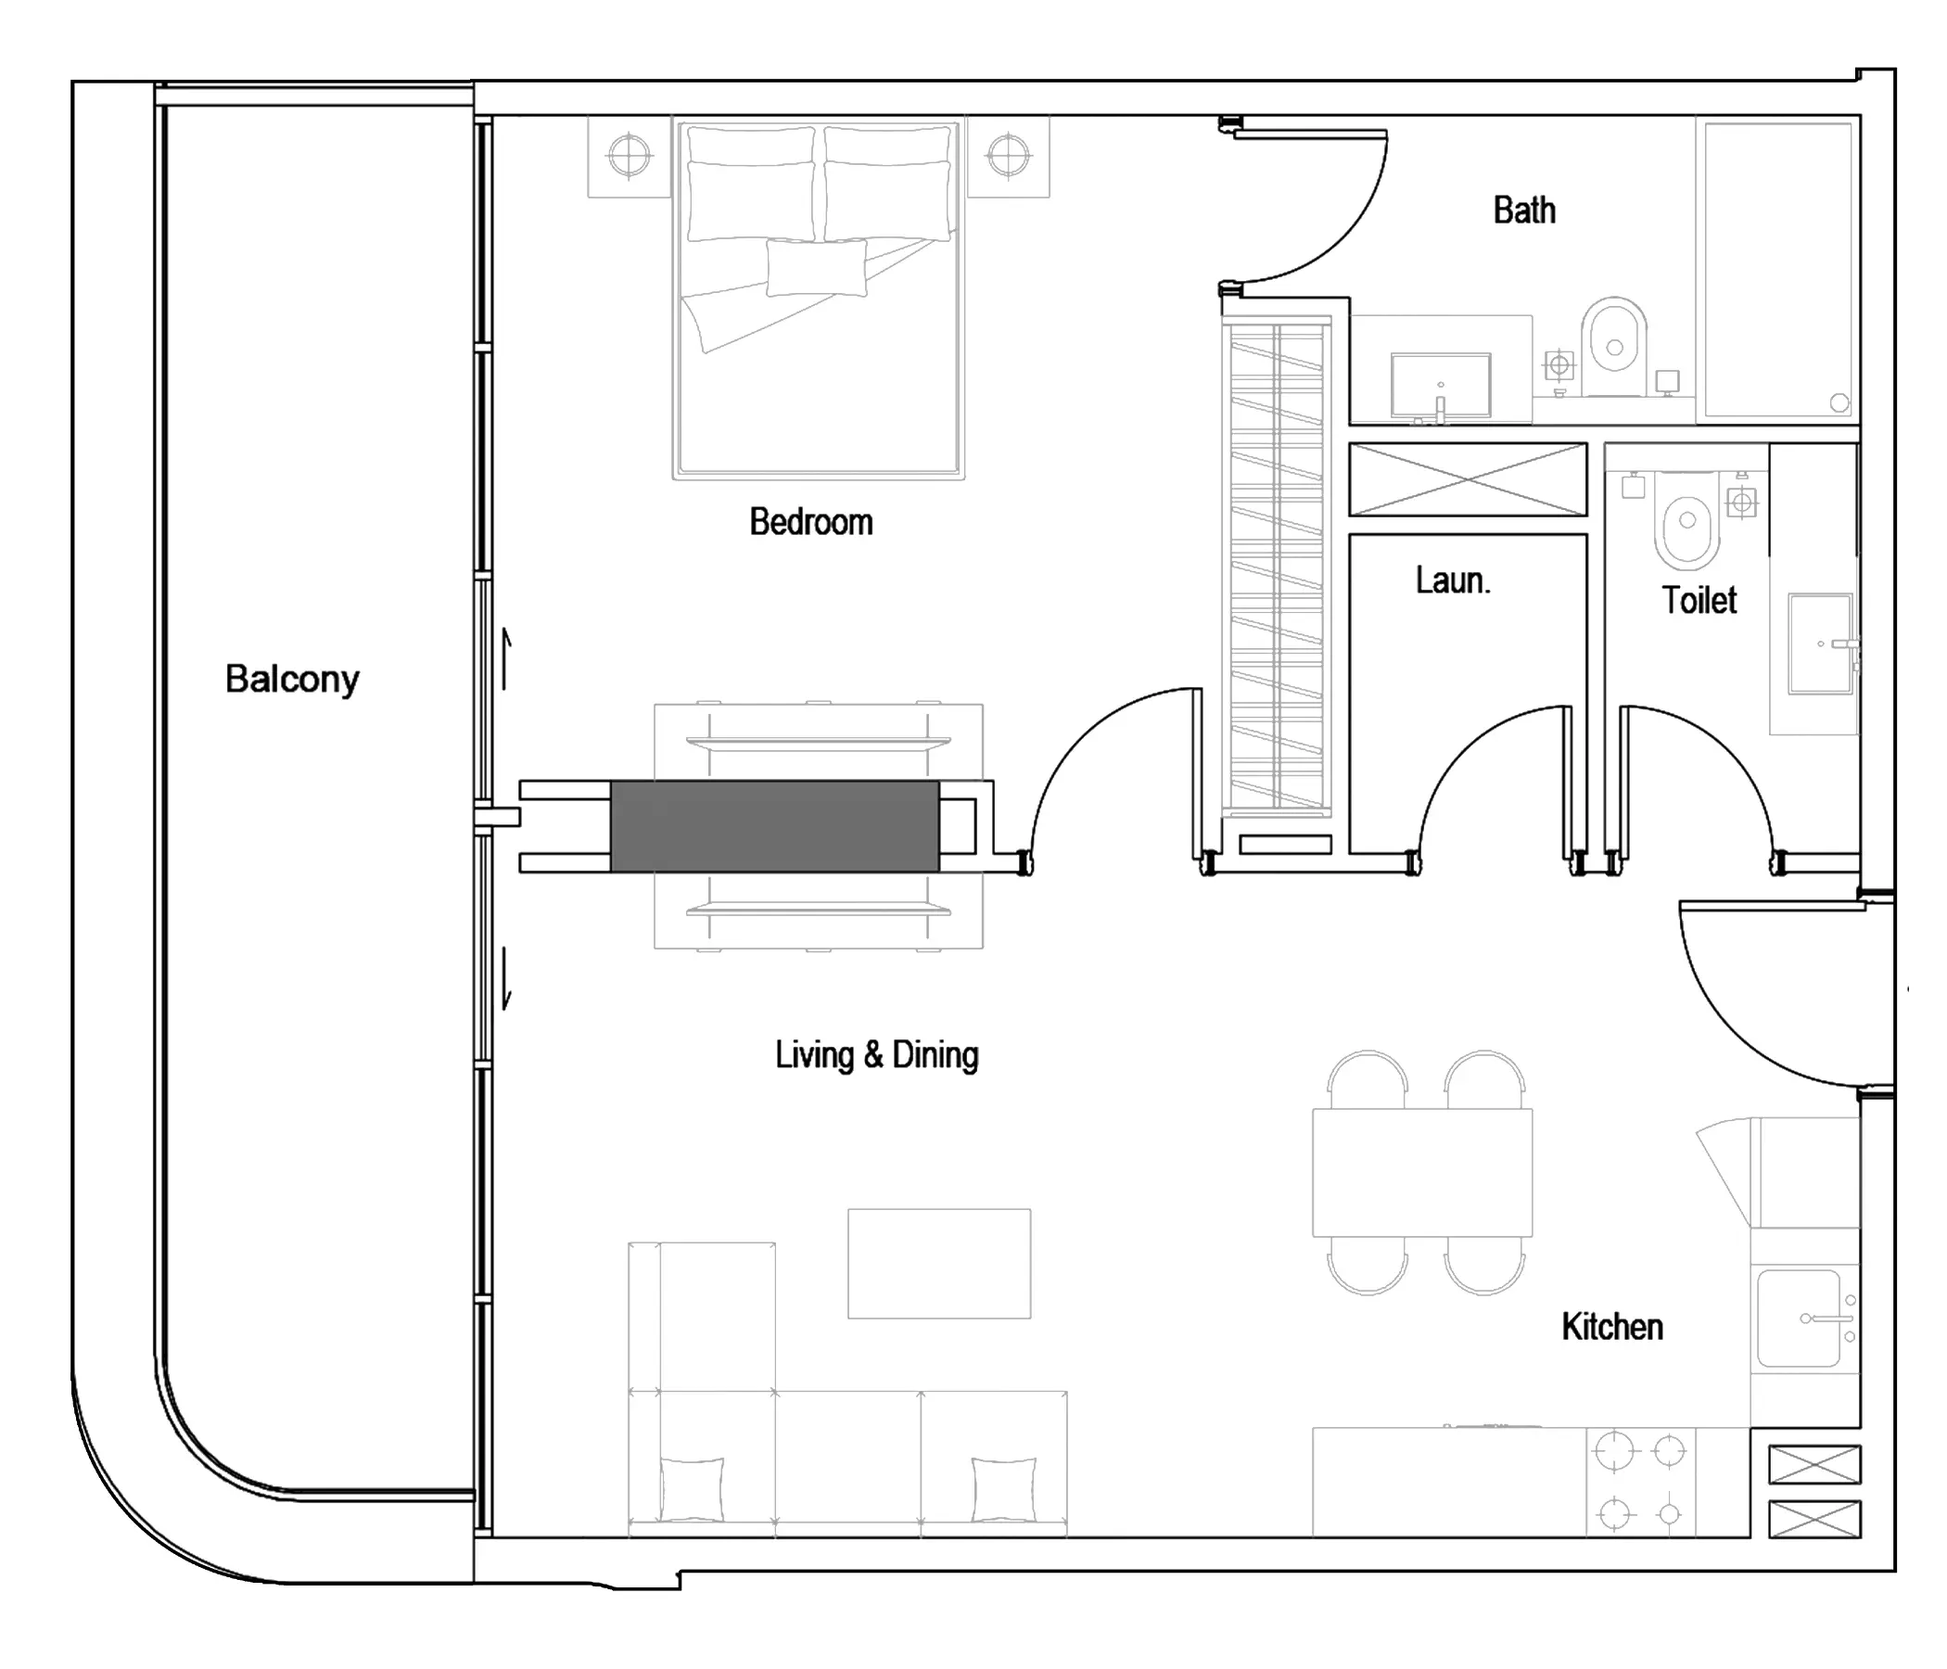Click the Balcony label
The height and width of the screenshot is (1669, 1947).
click(x=292, y=680)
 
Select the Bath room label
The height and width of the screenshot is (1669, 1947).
click(x=1524, y=210)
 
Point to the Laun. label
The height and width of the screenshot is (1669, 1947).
click(x=1453, y=580)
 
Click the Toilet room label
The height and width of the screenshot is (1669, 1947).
click(x=1699, y=600)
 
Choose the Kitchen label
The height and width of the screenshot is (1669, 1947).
click(x=1612, y=1327)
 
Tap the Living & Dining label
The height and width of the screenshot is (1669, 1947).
click(x=877, y=1054)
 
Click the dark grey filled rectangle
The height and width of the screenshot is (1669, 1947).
click(x=774, y=826)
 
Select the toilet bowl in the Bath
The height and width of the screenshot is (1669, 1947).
click(x=1614, y=346)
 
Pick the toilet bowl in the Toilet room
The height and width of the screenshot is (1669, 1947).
click(x=1687, y=519)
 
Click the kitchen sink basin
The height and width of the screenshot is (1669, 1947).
click(x=1799, y=1318)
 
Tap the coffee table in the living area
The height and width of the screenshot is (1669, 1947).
click(x=938, y=1263)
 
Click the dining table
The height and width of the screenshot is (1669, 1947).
click(x=1422, y=1172)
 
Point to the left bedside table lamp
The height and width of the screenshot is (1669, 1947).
click(x=629, y=155)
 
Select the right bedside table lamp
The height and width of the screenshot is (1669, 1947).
click(x=1009, y=155)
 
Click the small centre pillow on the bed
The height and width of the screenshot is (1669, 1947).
click(x=817, y=268)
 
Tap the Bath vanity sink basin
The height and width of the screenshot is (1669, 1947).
click(x=1441, y=385)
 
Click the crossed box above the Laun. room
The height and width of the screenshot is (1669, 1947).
click(x=1468, y=479)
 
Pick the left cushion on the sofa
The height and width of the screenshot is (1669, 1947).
click(x=692, y=1489)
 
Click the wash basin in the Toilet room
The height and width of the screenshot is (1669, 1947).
click(x=1820, y=643)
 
